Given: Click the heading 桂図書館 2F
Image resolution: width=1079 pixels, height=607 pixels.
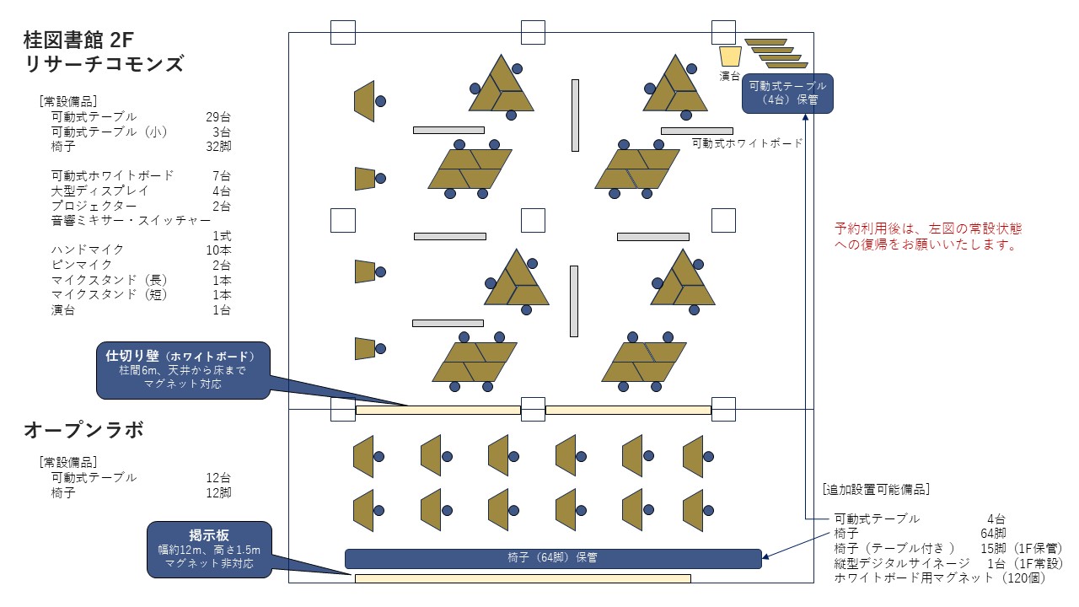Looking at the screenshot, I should (x=78, y=39).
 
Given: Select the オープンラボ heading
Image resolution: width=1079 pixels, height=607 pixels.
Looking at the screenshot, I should (x=83, y=430).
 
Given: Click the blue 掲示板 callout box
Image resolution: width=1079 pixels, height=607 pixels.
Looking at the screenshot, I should (x=209, y=549).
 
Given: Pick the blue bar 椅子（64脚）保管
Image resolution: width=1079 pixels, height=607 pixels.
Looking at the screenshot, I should (x=553, y=558).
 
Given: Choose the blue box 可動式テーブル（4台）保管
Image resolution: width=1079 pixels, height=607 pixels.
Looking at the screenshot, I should (x=787, y=93).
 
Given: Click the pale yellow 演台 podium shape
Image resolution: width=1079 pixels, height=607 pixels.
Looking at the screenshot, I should (x=729, y=56).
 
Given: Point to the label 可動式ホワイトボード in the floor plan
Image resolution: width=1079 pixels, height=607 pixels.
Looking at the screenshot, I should (x=747, y=143).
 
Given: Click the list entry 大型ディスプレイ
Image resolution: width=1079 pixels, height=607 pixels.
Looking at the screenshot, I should (x=99, y=191).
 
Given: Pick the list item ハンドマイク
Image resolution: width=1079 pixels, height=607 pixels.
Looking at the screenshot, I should (x=88, y=250).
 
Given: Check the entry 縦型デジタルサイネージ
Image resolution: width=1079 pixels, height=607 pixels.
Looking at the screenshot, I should (x=902, y=563).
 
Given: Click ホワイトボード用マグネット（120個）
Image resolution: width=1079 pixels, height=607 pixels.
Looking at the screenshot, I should (x=940, y=578).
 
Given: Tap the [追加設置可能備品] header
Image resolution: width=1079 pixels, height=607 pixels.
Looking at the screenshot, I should (x=876, y=489).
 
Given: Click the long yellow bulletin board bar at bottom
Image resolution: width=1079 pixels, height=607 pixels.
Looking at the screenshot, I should (x=523, y=578).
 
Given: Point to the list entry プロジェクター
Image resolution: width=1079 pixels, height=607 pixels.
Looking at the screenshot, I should (x=94, y=206).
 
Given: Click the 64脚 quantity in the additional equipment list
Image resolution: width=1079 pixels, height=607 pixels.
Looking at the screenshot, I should (x=993, y=534).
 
